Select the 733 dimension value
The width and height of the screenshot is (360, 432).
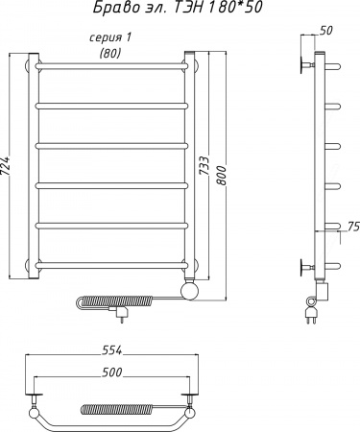click(x=204, y=165)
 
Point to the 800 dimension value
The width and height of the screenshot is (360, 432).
click(x=221, y=175)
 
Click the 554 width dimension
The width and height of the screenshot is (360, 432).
click(x=112, y=350)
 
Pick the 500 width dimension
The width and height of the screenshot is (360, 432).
click(x=112, y=372)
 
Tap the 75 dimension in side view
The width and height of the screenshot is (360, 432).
click(x=353, y=226)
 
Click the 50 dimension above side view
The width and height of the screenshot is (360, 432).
click(x=326, y=30)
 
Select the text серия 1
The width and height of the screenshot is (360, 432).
click(x=110, y=38)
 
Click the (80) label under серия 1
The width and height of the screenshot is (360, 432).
click(x=110, y=53)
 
